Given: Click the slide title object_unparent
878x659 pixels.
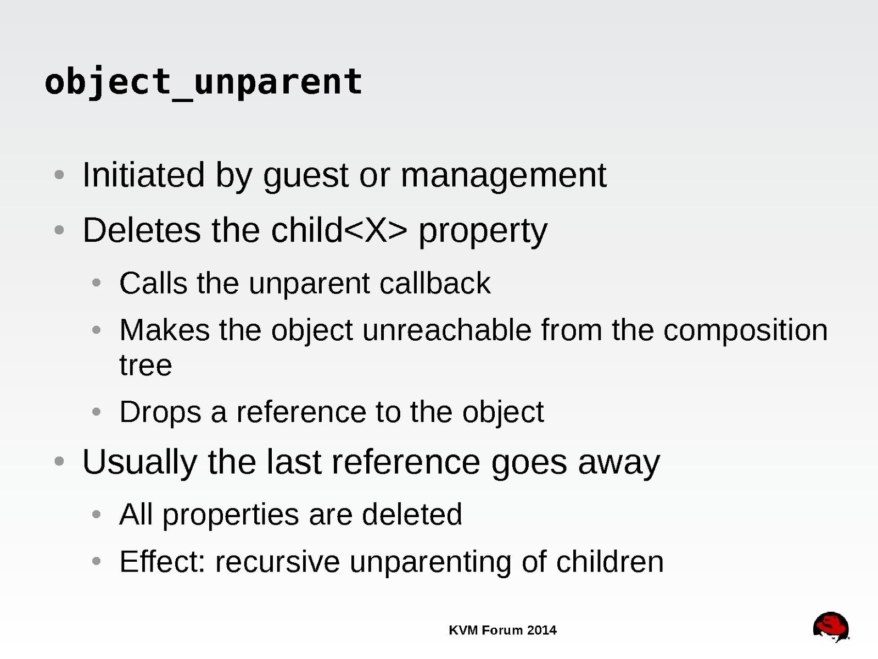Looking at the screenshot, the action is point(203,82).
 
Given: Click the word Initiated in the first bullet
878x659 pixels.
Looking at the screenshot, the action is point(144,175).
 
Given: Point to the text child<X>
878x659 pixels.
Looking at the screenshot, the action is point(339,230).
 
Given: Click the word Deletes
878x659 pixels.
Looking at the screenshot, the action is point(142,230).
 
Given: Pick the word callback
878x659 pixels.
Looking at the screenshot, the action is point(435,283).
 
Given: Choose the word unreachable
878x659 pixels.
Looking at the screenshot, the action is point(447,330).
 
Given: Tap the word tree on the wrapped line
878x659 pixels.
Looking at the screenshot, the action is point(146,366).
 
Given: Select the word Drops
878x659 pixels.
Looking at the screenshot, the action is point(160,412).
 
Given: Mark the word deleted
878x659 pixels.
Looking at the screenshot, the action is point(412,514).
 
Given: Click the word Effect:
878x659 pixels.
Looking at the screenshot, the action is point(162,561).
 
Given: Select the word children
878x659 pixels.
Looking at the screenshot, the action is point(610,561).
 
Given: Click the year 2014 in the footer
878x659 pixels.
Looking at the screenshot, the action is point(541,630).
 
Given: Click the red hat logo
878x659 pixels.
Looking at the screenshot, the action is point(831,627).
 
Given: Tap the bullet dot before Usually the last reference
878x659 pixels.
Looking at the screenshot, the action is point(59,462).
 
